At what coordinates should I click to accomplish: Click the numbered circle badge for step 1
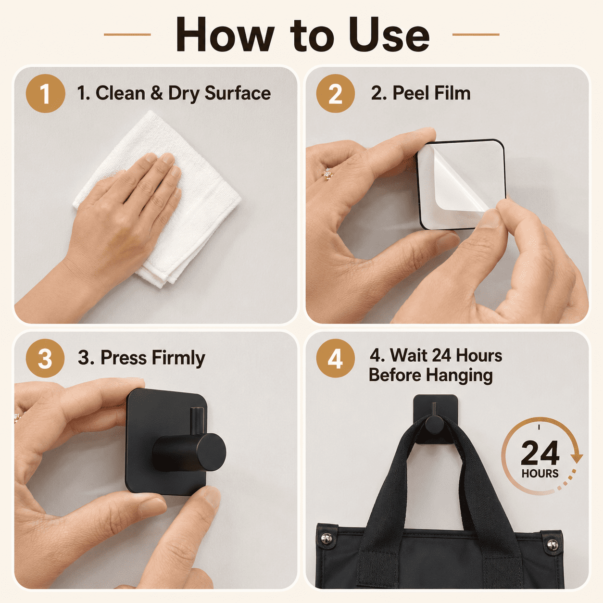(45, 93)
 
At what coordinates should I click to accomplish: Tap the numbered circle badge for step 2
(336, 93)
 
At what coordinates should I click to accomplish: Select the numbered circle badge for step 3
(45, 358)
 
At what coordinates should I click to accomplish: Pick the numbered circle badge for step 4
(336, 358)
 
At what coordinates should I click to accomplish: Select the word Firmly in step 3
(179, 358)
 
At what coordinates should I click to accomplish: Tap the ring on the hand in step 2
(327, 175)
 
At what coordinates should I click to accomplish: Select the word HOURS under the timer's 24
(540, 474)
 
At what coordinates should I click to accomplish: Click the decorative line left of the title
(127, 35)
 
